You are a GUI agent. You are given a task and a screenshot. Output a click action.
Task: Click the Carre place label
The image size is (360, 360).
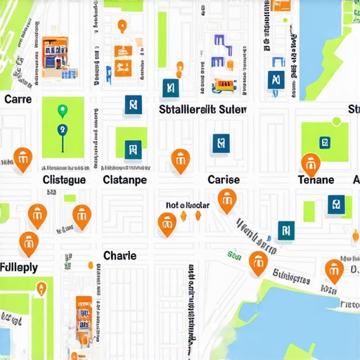coord(18,99)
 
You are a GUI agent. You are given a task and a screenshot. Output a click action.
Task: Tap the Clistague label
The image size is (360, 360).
coord(64,179)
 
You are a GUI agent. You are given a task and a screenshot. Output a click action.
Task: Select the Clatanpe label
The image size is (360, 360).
coord(124,179)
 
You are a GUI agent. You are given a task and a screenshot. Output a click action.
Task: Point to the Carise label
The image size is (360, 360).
coord(224,179)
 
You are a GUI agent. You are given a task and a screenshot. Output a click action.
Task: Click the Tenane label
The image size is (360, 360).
coord(316,179)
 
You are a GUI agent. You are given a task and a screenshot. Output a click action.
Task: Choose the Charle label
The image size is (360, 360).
coord(120,255)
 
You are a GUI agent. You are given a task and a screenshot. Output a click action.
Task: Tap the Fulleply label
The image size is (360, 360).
coord(19,268)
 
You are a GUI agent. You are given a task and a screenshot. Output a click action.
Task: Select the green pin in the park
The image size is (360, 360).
coord(62,110)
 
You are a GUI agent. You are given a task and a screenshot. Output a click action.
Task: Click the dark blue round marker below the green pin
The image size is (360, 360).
coord(62,129)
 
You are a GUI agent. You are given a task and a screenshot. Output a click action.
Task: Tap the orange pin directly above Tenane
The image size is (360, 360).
coord(310,163)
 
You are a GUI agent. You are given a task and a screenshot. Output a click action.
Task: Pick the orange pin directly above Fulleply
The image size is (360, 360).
coord(29,243)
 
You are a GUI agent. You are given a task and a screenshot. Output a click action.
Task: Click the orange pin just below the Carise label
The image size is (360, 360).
coord(226,200)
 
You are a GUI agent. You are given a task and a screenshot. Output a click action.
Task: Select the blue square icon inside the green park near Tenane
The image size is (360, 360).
coord(325,142)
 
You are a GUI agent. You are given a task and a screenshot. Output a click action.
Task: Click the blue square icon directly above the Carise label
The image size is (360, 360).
coord(220,143)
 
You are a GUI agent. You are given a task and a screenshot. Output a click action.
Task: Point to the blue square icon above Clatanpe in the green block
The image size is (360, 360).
coord(131,148)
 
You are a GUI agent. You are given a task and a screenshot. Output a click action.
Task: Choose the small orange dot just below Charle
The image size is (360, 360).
coord(90,265)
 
